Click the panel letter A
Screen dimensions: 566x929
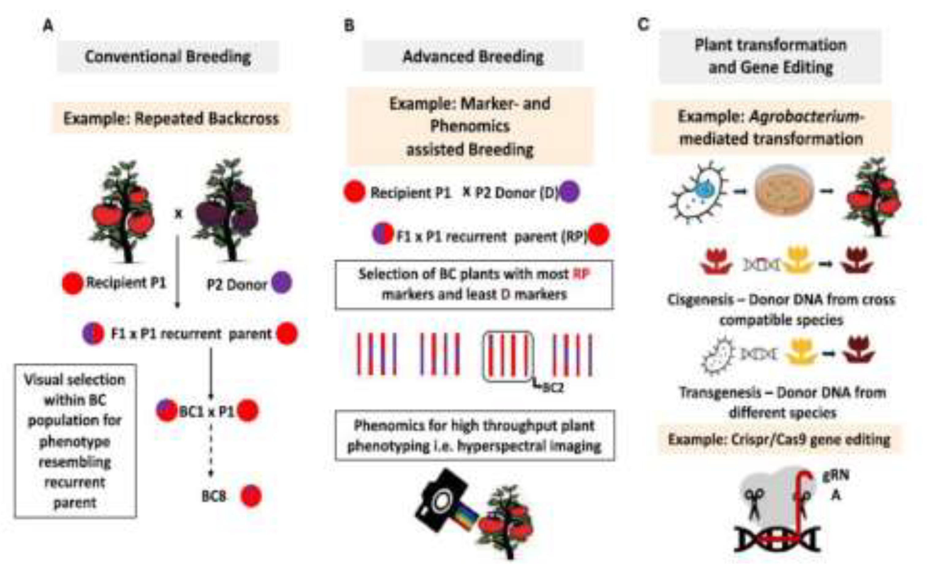pos(48,26)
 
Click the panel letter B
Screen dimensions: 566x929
pos(349,26)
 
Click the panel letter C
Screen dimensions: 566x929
pos(643,25)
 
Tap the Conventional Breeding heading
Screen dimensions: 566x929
pos(168,57)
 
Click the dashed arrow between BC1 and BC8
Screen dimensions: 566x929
pos(211,449)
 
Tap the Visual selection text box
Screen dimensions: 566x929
pos(75,441)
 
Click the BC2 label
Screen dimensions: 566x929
pos(553,388)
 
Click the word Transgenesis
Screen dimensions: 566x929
pos(720,392)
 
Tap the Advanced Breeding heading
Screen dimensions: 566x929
pos(473,57)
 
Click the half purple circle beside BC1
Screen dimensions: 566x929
pos(166,410)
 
